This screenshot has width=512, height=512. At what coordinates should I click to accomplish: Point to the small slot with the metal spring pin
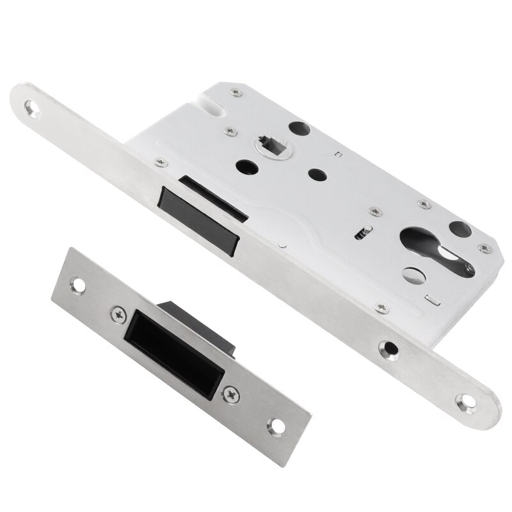(x=363, y=231)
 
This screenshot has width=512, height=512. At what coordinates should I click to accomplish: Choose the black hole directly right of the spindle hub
(x=315, y=173)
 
